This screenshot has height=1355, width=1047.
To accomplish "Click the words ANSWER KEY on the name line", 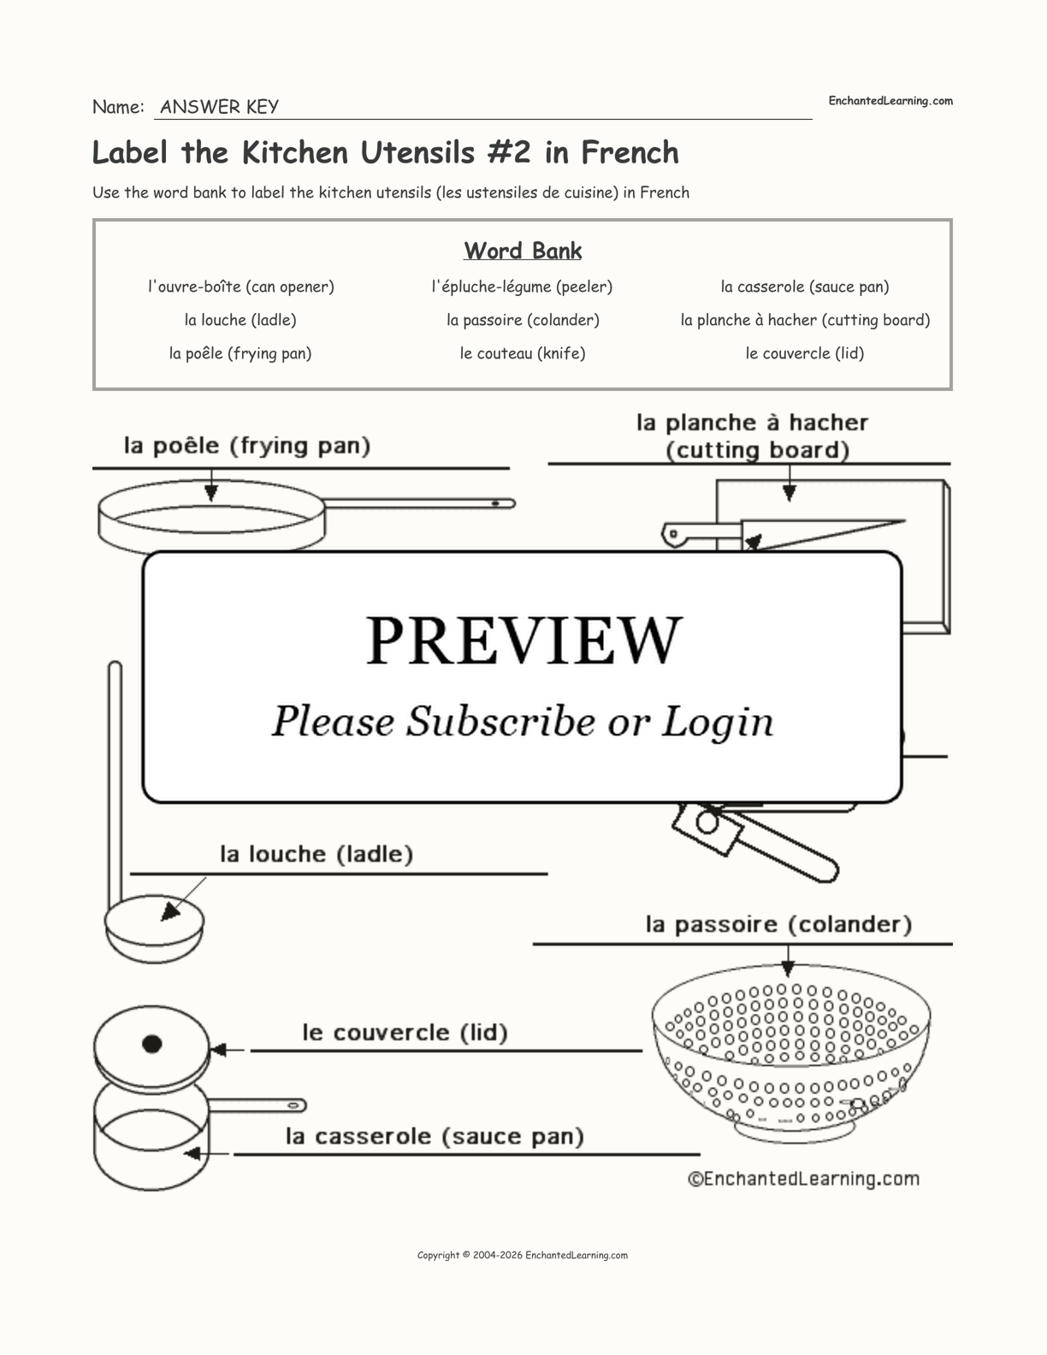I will (x=219, y=107).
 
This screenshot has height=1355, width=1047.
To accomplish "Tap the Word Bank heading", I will (x=523, y=251).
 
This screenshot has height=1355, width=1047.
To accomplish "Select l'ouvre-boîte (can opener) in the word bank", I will (x=240, y=287).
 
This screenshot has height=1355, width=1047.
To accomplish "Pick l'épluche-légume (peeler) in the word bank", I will (x=522, y=287).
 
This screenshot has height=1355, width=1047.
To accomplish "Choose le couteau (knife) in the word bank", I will (x=522, y=353).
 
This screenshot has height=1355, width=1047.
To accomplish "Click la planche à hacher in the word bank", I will (x=805, y=320).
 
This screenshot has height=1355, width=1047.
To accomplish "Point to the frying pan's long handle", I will (x=419, y=504).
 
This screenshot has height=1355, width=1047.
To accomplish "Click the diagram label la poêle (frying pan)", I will (x=247, y=446).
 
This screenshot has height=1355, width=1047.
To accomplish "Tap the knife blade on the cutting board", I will (x=821, y=533).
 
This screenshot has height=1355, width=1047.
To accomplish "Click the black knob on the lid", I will (x=152, y=1044).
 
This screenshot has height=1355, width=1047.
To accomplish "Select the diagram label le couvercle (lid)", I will (x=405, y=1033).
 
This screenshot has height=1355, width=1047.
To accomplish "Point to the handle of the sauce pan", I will (x=257, y=1105).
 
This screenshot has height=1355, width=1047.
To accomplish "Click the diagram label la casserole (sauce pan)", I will (x=435, y=1136).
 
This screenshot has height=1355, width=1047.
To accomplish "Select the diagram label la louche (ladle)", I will (x=316, y=854).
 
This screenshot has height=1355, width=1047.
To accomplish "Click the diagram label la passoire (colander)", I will (x=778, y=925).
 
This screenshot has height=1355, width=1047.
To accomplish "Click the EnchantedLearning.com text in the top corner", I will (x=890, y=101).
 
